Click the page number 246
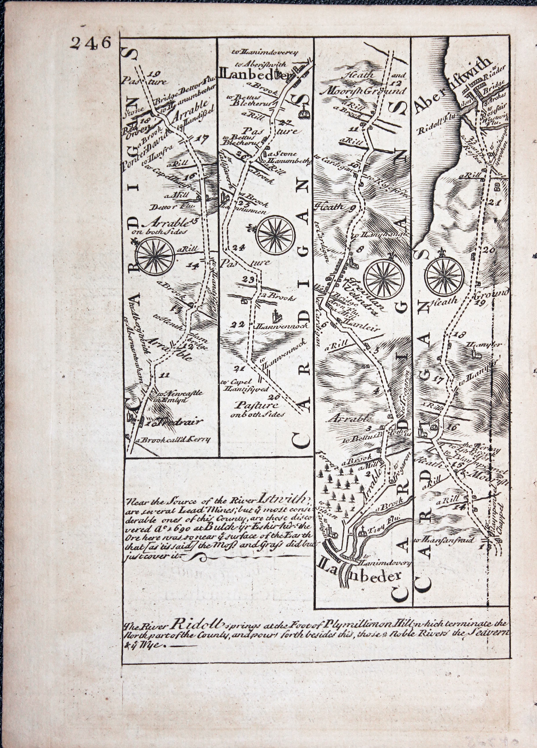tap(89, 43)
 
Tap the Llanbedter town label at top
tap(254, 75)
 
